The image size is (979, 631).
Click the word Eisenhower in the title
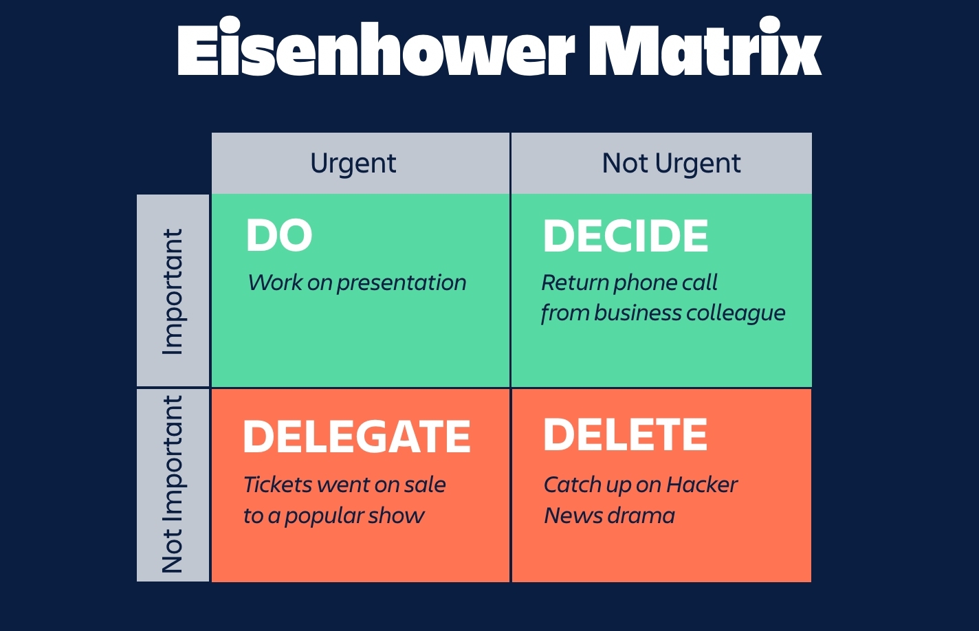pyautogui.click(x=375, y=49)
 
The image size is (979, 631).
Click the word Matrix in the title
pyautogui.click(x=705, y=49)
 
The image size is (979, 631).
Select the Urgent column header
pyautogui.click(x=353, y=164)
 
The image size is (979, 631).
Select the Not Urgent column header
pyautogui.click(x=671, y=164)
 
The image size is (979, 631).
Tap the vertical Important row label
pyautogui.click(x=173, y=291)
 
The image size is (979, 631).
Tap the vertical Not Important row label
pyautogui.click(x=173, y=485)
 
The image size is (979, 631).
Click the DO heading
pyautogui.click(x=279, y=236)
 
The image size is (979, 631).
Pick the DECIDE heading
pyautogui.click(x=626, y=236)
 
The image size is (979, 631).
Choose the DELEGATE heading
pyautogui.click(x=357, y=436)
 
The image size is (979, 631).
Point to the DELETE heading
pyautogui.click(x=625, y=434)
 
